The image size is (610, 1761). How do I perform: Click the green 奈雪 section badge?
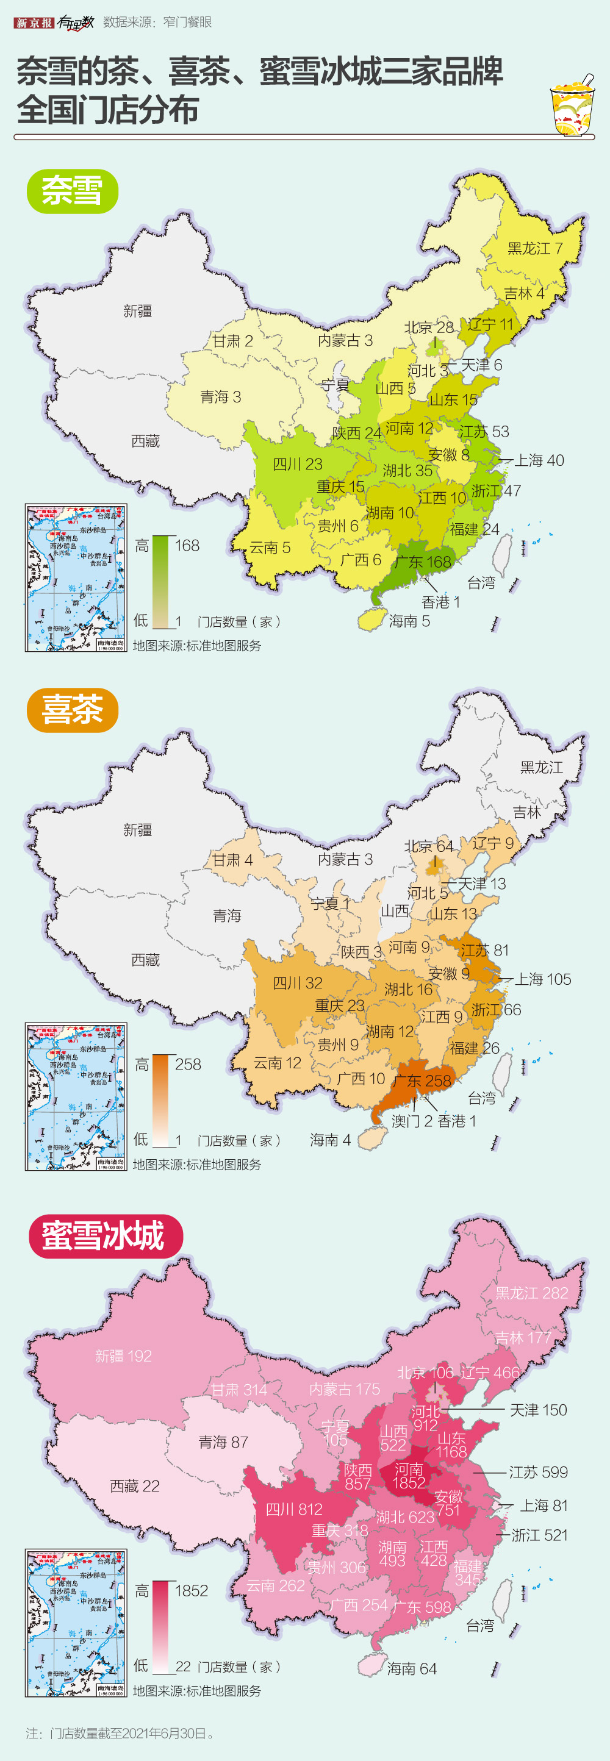73,191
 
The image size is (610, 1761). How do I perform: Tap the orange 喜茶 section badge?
73,710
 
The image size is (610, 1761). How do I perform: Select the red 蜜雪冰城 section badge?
106,1236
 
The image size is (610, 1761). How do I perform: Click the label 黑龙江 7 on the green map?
535,248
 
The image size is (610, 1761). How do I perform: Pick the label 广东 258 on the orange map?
423,1081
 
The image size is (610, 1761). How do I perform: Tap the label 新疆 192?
123,1356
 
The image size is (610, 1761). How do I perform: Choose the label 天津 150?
538,1410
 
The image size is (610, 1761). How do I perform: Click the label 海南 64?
412,1669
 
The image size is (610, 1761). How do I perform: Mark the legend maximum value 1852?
191,1591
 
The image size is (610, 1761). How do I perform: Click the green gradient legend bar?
160,582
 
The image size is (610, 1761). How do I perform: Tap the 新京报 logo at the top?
33,23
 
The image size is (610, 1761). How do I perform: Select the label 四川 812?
293,1509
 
